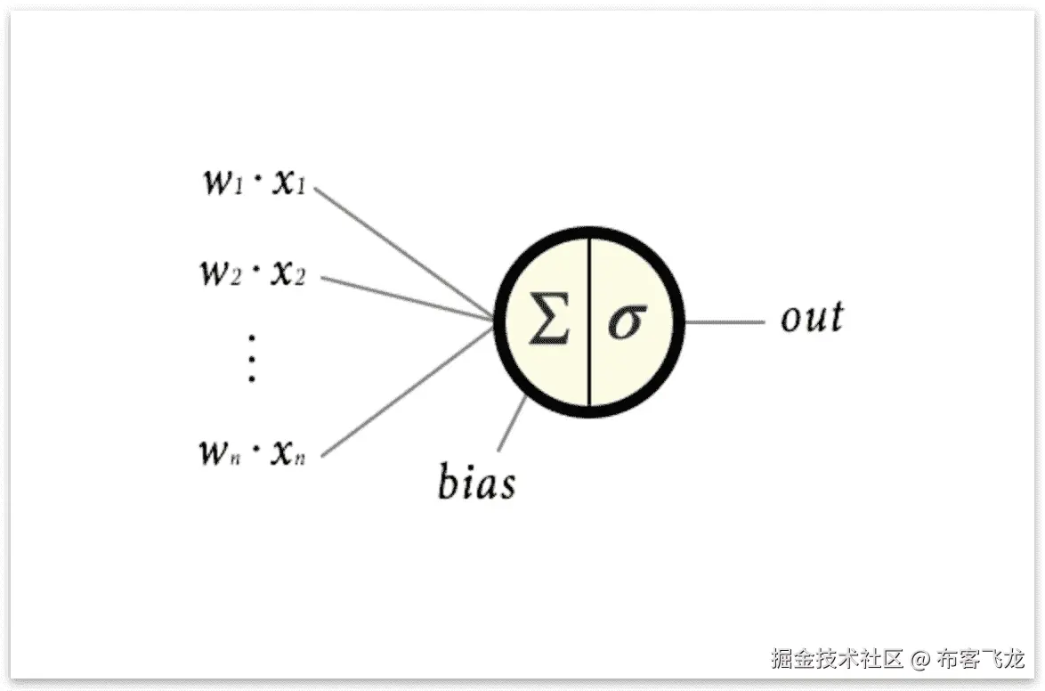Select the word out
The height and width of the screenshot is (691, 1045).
coord(811,318)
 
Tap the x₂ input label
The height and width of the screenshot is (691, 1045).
coord(288,272)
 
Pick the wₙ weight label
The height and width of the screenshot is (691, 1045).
coord(218,451)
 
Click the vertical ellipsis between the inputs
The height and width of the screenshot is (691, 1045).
coord(252,358)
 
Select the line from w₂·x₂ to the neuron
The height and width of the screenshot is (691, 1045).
coord(405,297)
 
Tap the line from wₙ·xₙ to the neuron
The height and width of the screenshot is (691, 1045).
coord(405,392)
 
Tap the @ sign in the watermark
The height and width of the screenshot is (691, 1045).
coord(921,660)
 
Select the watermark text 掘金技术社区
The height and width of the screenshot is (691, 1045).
coord(837,660)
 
